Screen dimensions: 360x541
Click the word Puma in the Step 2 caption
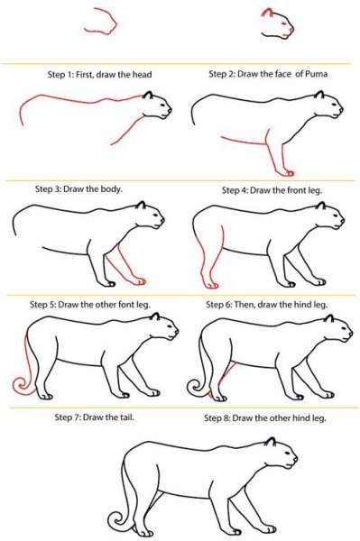pyautogui.click(x=317, y=74)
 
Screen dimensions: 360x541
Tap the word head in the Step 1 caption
pyautogui.click(x=142, y=75)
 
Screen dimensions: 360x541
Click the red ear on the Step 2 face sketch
pyautogui.click(x=266, y=13)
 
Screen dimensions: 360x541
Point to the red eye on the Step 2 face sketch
pyautogui.click(x=283, y=23)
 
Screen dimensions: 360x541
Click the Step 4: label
pyautogui.click(x=235, y=190)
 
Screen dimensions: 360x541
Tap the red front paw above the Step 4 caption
pyautogui.click(x=288, y=172)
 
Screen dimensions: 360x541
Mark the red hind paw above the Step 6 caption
pyautogui.click(x=210, y=285)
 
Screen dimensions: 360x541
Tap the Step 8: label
pyautogui.click(x=217, y=418)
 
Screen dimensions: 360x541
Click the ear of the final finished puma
pyautogui.click(x=271, y=441)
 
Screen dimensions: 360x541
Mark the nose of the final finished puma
pyautogui.click(x=295, y=458)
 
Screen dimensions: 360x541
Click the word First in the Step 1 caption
pyautogui.click(x=85, y=75)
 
